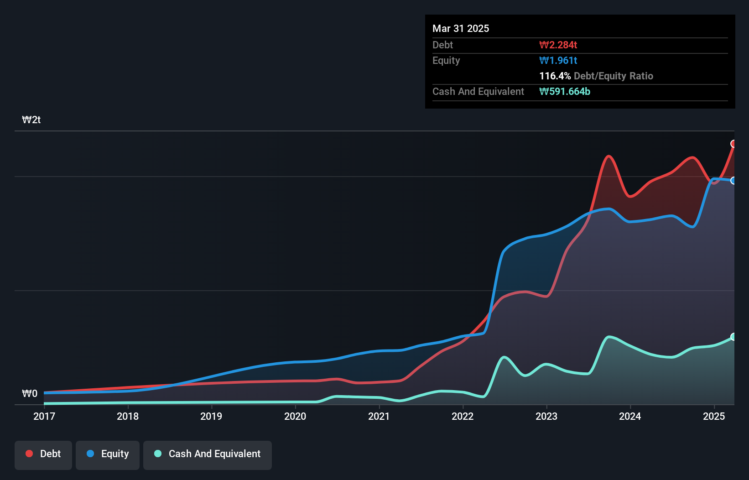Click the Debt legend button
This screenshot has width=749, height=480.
(x=43, y=454)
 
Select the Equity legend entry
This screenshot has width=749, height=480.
(x=108, y=454)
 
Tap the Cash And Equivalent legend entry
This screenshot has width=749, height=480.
(x=208, y=454)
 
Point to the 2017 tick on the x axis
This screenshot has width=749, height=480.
(x=44, y=416)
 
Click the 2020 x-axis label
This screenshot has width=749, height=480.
(x=295, y=416)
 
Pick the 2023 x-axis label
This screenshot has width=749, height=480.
(x=546, y=416)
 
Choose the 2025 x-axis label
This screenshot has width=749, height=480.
(x=714, y=416)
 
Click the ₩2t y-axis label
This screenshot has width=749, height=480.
(x=31, y=120)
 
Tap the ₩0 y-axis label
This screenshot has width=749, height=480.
(x=30, y=393)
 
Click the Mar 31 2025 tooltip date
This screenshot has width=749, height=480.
(x=461, y=28)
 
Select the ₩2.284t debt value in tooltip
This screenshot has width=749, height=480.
(x=558, y=45)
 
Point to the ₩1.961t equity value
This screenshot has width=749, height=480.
(x=558, y=60)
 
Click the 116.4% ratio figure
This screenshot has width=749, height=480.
(x=555, y=76)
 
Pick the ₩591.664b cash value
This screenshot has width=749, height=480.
(x=564, y=91)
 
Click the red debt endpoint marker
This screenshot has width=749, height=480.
(x=733, y=144)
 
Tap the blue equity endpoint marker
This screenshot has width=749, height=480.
(x=733, y=181)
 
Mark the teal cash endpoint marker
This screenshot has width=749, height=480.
(x=733, y=337)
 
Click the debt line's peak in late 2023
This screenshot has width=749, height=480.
(x=609, y=156)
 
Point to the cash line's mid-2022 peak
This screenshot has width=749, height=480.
(x=504, y=357)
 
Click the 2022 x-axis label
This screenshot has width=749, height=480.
(x=463, y=416)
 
